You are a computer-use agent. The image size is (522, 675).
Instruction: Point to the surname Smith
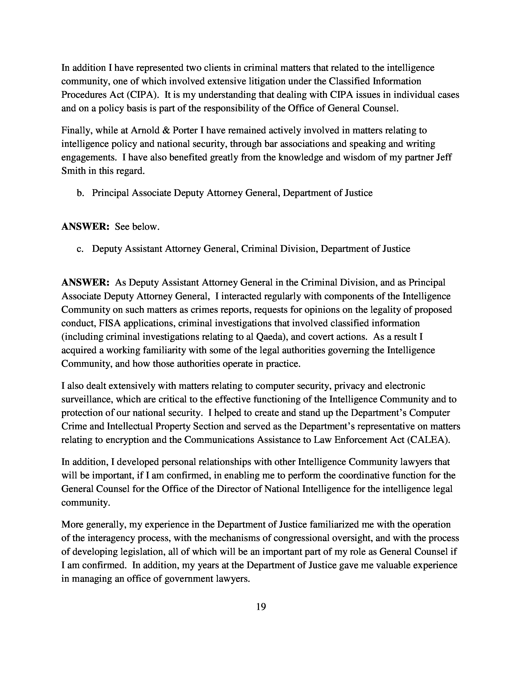point(73,171)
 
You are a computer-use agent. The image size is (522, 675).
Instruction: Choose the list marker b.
point(80,193)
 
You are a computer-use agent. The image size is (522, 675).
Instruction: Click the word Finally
point(77,130)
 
